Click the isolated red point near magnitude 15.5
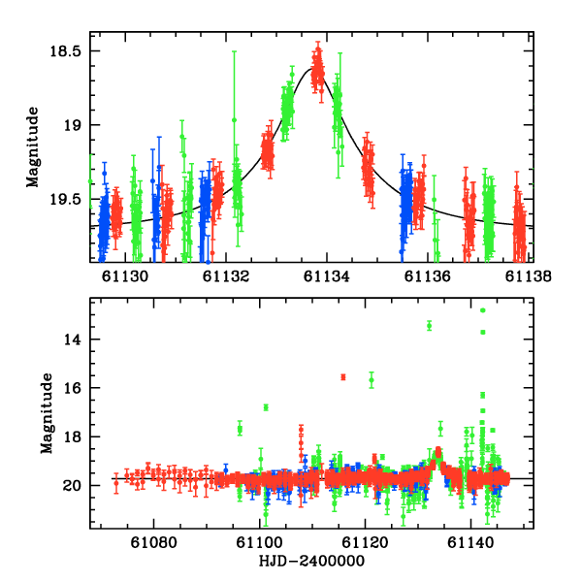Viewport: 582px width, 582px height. pyautogui.click(x=342, y=376)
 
